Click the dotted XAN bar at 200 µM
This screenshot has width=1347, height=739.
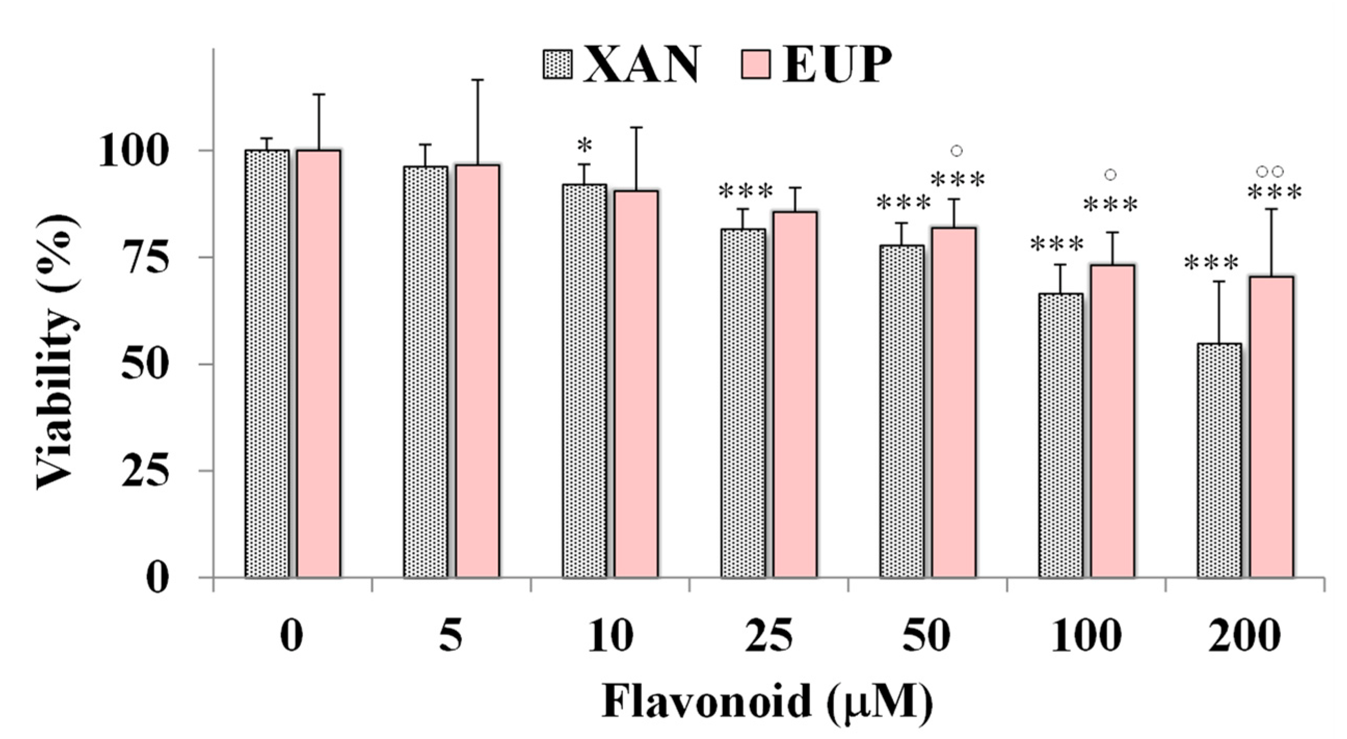tap(1219, 460)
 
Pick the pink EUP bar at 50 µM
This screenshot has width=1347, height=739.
tap(954, 402)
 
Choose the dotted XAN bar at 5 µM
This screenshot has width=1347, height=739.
tap(425, 372)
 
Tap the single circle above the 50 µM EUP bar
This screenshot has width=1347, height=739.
tap(956, 151)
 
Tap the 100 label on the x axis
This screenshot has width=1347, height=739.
tap(1086, 636)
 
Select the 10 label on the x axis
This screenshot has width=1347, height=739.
tap(610, 636)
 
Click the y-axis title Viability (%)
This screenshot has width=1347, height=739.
tap(59, 353)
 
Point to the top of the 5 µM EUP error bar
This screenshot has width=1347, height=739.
tap(477, 80)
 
